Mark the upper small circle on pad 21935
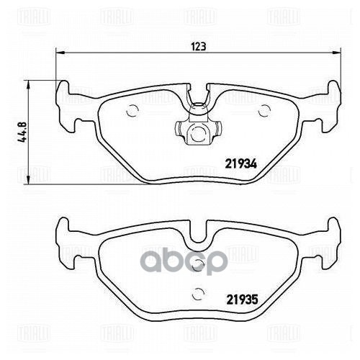(x=199, y=265)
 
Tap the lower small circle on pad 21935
(x=199, y=292)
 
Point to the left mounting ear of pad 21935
(x=66, y=232)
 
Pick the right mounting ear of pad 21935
(x=330, y=232)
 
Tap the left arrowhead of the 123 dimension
(x=60, y=53)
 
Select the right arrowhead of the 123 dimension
(x=336, y=53)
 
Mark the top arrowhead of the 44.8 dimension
(x=29, y=84)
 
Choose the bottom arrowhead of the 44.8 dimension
(x=29, y=181)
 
